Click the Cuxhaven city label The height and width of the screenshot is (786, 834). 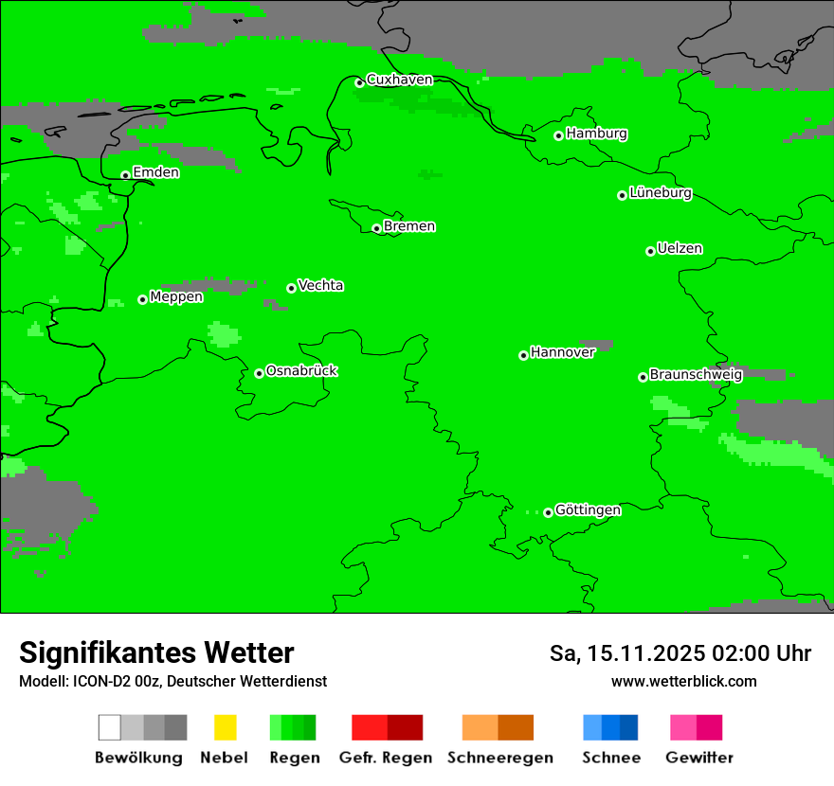[x=399, y=80]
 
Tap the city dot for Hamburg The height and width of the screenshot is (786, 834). [x=559, y=135]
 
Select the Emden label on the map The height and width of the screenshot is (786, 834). [x=155, y=172]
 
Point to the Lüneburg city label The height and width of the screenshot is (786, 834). [x=661, y=193]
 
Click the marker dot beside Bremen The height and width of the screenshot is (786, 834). [x=376, y=228]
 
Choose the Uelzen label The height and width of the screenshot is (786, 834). [x=680, y=249]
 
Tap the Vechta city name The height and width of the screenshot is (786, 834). [x=320, y=285]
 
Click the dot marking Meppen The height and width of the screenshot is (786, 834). [x=142, y=299]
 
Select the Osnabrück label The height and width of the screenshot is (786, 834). [x=301, y=371]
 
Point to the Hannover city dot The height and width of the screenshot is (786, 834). [x=523, y=355]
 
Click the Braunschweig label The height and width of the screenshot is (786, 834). [x=696, y=375]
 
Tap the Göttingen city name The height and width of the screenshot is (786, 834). [x=588, y=510]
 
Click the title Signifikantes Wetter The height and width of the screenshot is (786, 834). [x=156, y=653]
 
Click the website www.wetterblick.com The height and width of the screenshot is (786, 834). [x=683, y=682]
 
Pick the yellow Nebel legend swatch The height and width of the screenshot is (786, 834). [x=225, y=727]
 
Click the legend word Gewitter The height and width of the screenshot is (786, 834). [x=699, y=758]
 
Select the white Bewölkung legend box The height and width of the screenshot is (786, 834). [x=110, y=727]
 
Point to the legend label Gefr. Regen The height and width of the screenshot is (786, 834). [x=385, y=758]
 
